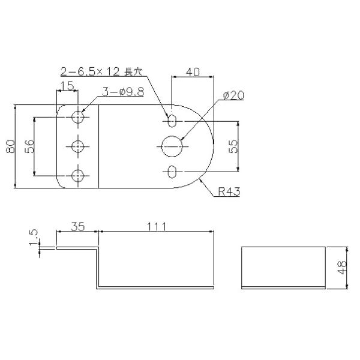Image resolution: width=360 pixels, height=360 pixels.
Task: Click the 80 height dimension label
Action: coord(11,146)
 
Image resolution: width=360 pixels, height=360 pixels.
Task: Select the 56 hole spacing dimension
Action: coord(29,146)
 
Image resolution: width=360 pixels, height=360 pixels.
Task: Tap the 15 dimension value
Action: coord(67,86)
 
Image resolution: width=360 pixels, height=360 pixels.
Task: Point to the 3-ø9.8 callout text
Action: coord(123,92)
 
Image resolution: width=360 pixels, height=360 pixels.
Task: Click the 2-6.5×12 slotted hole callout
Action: coord(101,71)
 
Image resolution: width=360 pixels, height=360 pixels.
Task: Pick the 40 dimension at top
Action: coord(193,72)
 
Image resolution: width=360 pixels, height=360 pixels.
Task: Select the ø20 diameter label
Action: coord(234,95)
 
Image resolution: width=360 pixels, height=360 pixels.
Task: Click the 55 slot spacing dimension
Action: coord(233,146)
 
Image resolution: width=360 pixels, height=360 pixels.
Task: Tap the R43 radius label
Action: coord(229,191)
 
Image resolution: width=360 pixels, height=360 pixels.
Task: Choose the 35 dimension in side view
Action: coord(78,226)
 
